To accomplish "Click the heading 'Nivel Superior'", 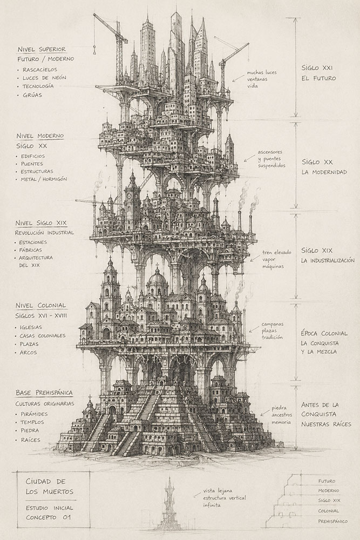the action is [x=42, y=49].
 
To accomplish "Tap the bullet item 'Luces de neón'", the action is [x=44, y=78].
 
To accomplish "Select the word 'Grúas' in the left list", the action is [x=32, y=94].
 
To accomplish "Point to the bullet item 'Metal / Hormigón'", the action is [x=44, y=179].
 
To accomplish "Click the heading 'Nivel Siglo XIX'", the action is [x=41, y=223].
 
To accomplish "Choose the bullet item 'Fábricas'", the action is [x=30, y=250].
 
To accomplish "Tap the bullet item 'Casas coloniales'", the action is [x=42, y=336].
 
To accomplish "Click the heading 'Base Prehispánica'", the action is [x=44, y=393].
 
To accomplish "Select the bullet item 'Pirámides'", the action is [x=33, y=414].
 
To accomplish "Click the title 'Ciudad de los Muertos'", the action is [x=50, y=487].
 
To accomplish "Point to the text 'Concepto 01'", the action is [x=48, y=517].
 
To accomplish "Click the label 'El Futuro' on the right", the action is [x=318, y=78].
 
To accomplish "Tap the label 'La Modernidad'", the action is [x=324, y=172].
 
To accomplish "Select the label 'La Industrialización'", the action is [x=328, y=260].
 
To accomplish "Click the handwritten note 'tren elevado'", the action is [x=276, y=252].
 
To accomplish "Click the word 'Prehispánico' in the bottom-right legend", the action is [x=332, y=522].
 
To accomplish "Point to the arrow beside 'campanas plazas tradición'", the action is [x=254, y=329].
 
